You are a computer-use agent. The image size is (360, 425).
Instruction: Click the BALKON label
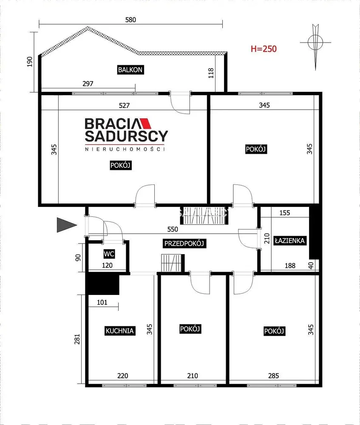tap(130, 70)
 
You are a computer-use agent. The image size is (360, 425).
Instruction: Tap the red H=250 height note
tap(264, 49)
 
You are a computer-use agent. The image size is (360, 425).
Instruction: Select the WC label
tap(109, 254)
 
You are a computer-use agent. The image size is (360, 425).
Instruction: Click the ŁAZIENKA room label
tap(289, 241)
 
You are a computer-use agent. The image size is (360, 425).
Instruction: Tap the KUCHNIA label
tap(119, 331)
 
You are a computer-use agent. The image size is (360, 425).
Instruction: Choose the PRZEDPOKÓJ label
tap(184, 244)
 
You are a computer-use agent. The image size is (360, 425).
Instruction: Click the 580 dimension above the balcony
tap(130, 20)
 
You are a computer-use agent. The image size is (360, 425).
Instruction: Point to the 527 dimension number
tap(124, 105)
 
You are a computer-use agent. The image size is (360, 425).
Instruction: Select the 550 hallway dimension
tap(173, 229)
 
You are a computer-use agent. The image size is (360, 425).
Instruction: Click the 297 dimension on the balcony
tap(88, 84)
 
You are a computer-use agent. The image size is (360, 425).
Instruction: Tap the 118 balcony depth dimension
tap(211, 73)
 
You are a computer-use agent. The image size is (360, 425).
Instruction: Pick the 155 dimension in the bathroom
tap(285, 213)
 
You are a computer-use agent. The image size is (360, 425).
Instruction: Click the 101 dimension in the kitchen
tap(102, 302)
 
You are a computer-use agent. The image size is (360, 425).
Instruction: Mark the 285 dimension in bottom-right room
tap(273, 376)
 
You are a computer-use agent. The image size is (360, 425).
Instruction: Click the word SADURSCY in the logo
tap(126, 136)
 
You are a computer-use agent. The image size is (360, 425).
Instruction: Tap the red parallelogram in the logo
tap(145, 123)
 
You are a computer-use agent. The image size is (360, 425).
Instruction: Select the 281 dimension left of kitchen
tap(77, 339)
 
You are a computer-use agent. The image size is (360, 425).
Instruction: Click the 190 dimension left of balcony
tap(30, 62)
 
